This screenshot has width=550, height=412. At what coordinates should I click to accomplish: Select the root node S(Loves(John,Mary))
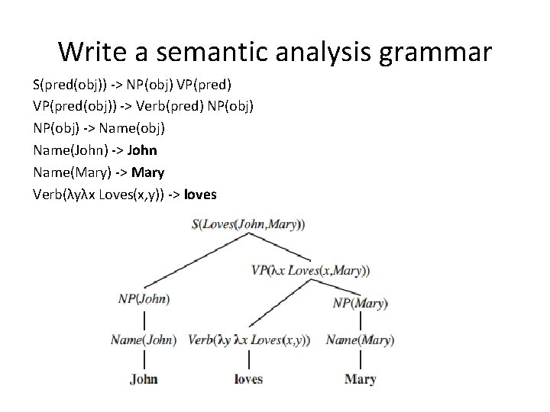(x=249, y=224)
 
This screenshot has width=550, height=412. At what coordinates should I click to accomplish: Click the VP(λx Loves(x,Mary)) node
(x=310, y=269)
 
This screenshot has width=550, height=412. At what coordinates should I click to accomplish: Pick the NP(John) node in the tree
(x=144, y=299)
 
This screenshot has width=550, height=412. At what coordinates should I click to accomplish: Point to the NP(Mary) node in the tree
(x=361, y=303)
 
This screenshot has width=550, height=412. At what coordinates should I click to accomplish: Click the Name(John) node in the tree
(x=144, y=340)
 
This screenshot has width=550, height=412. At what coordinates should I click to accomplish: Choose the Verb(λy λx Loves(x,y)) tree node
(x=249, y=340)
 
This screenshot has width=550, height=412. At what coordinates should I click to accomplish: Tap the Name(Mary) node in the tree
(x=360, y=340)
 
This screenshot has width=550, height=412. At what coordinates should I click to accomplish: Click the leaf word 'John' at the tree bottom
(x=144, y=378)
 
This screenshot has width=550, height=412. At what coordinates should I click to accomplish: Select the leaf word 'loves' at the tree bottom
(x=248, y=378)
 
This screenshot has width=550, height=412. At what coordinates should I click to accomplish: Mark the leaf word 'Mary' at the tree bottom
(x=360, y=378)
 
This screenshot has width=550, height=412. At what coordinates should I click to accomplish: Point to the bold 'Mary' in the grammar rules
(x=147, y=172)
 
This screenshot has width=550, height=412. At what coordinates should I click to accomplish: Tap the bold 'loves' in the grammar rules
(x=201, y=195)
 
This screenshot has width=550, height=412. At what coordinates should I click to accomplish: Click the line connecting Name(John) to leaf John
(x=144, y=359)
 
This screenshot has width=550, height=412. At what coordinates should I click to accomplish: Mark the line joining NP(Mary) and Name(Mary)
(x=360, y=321)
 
